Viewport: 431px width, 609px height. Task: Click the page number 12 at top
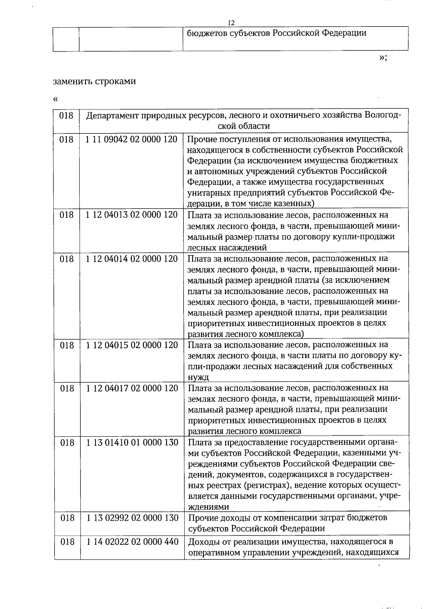pos(231,23)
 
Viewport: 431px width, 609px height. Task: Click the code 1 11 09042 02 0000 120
pos(131,140)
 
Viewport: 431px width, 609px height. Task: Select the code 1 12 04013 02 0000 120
pos(131,215)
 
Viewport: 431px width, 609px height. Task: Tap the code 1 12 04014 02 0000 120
pos(131,259)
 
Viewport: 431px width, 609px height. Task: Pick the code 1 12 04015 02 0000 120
pos(132,345)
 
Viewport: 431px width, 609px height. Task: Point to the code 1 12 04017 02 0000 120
pos(132,388)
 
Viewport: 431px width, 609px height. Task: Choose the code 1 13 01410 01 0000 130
pos(133,442)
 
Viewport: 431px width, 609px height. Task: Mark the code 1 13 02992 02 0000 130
pos(133,518)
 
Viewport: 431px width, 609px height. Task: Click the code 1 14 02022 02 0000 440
pos(133,542)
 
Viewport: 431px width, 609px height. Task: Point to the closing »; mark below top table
pos(383,58)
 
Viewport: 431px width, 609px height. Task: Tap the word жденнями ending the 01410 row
pos(209,507)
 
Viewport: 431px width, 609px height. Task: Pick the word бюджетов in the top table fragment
pos(207,33)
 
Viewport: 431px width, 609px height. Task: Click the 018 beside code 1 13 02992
pos(67,518)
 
